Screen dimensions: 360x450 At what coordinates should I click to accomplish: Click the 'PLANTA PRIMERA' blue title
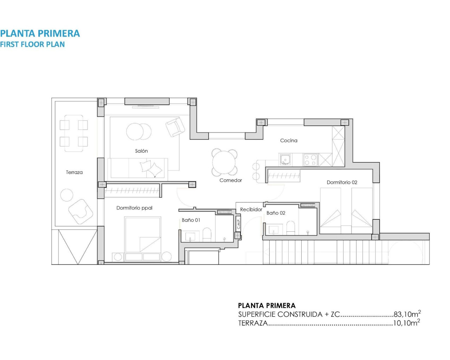click(x=40, y=33)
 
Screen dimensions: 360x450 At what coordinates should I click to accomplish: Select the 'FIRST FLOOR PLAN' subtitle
click(x=32, y=44)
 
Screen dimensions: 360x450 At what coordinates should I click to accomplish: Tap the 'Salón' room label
click(x=141, y=151)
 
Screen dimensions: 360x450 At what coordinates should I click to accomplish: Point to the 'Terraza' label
click(x=74, y=172)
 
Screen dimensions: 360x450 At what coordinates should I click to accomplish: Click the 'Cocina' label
click(x=289, y=140)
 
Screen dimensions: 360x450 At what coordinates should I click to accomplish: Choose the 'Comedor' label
click(x=231, y=180)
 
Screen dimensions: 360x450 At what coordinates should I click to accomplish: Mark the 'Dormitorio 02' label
click(x=342, y=182)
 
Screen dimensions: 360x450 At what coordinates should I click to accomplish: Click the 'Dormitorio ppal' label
click(x=134, y=208)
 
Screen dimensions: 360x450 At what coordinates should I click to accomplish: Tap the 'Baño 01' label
click(x=191, y=220)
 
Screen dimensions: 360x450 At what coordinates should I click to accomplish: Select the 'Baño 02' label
click(x=276, y=213)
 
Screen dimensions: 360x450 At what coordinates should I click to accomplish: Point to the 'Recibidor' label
click(x=251, y=210)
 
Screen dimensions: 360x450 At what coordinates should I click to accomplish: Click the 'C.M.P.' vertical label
click(x=238, y=224)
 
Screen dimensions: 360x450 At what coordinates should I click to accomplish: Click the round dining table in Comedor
click(x=224, y=162)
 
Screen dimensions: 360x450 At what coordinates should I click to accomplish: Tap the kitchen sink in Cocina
click(x=285, y=160)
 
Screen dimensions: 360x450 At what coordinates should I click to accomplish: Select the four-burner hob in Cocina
click(x=310, y=160)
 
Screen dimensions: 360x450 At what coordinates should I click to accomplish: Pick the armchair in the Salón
click(x=175, y=127)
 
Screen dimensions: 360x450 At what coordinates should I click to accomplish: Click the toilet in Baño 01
click(x=207, y=234)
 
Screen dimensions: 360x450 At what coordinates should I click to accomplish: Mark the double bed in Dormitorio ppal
click(x=143, y=234)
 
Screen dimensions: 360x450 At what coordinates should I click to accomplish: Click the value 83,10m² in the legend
click(x=407, y=314)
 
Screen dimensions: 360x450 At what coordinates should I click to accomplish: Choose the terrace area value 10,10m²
click(x=406, y=323)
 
